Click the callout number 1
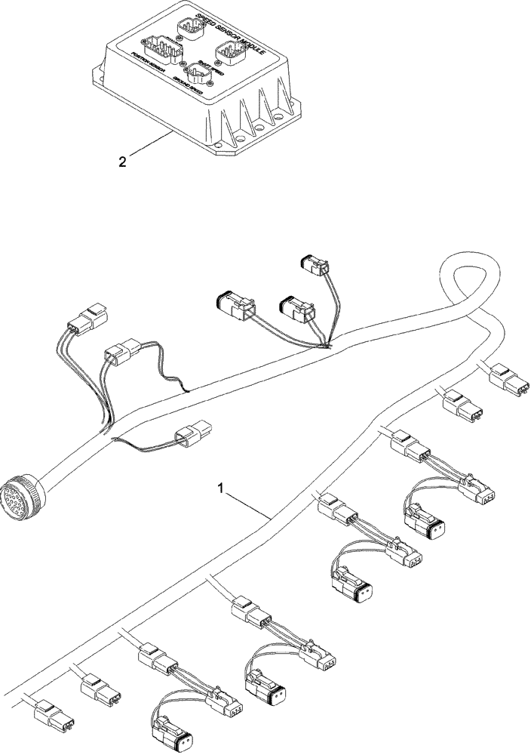(x=221, y=489)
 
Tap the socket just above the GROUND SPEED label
(x=200, y=73)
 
